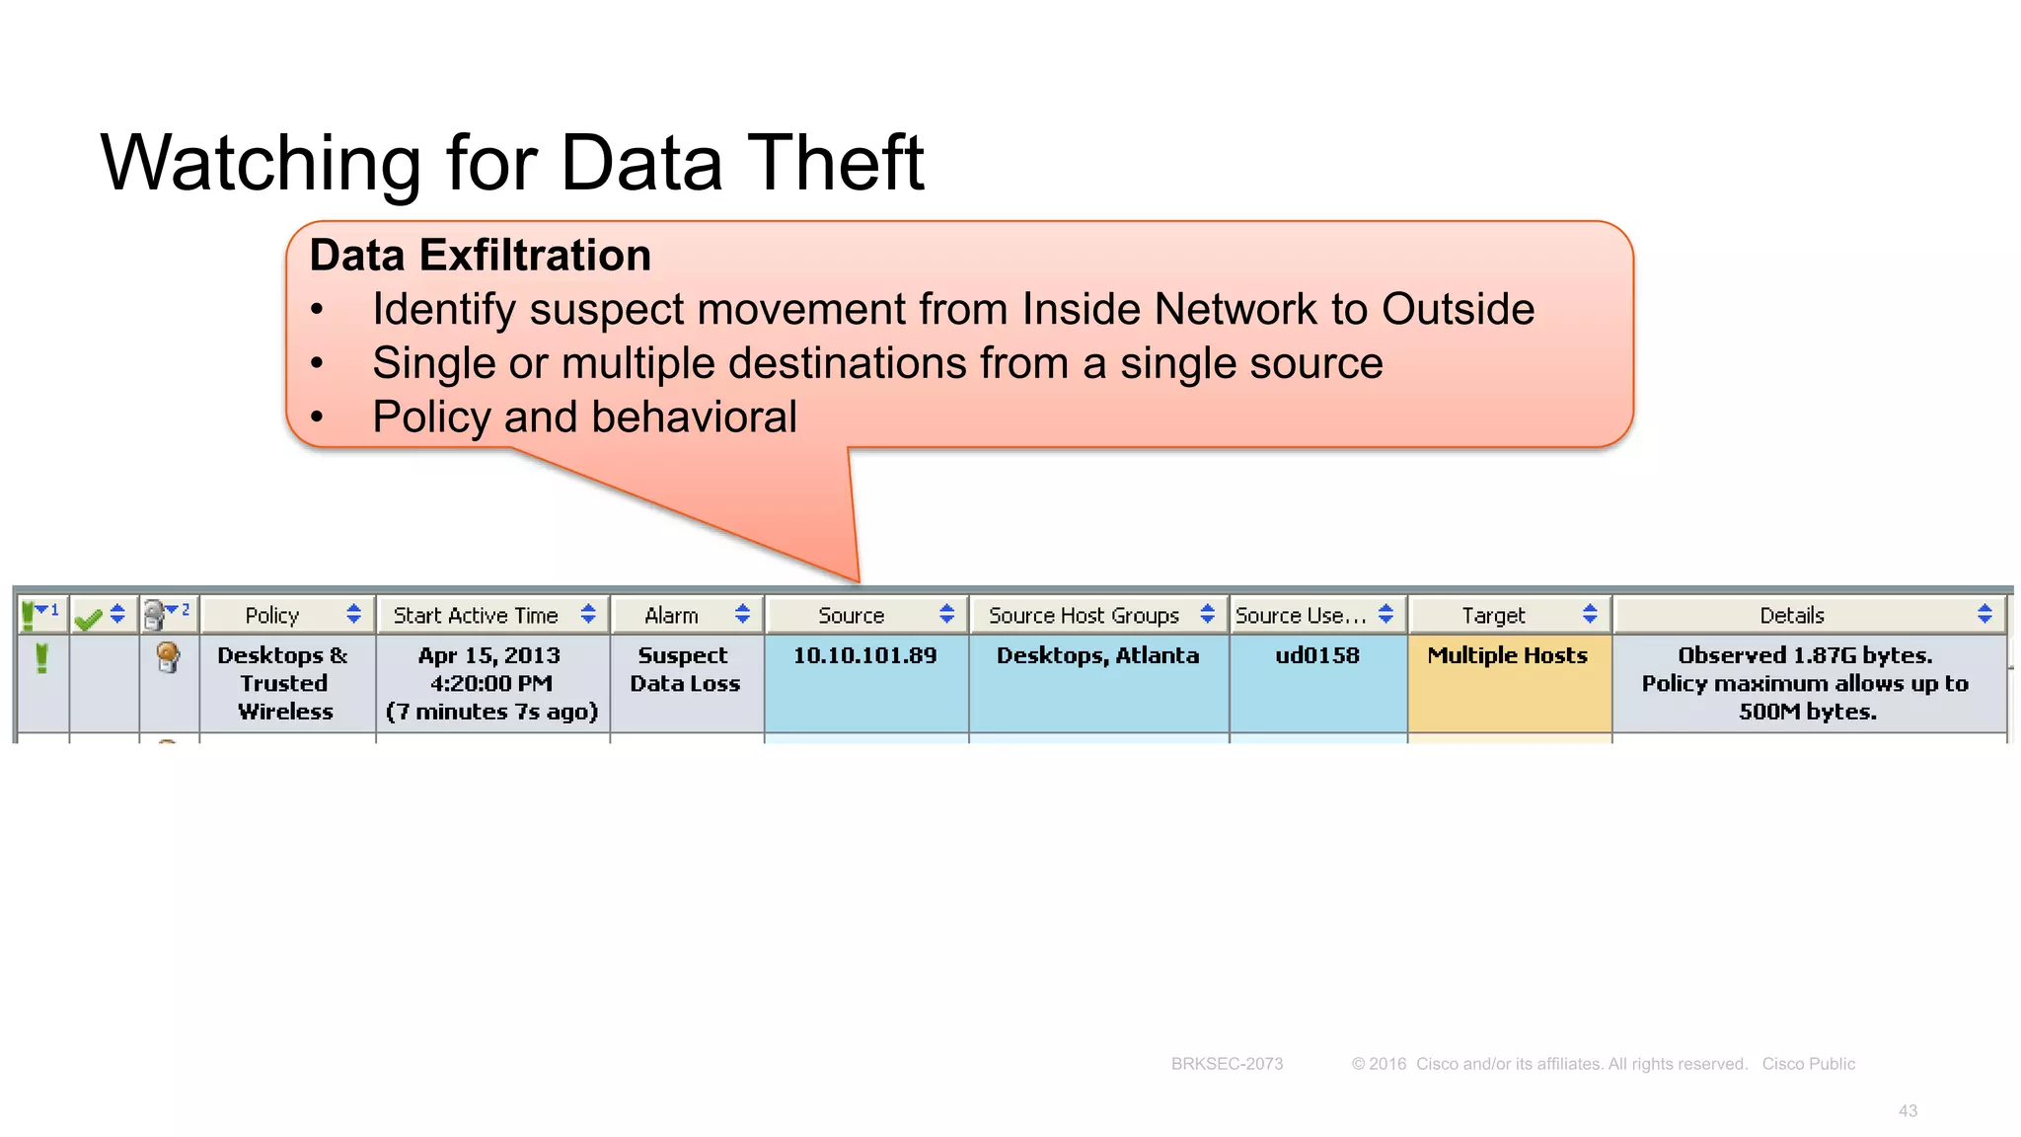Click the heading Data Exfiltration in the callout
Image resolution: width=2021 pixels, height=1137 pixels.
tap(480, 255)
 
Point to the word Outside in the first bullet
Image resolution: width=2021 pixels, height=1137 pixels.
tap(1458, 309)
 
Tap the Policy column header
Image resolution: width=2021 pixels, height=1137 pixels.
tap(272, 615)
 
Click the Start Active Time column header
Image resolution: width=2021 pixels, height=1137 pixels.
tap(476, 615)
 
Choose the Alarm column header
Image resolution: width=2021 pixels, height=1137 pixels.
tap(671, 615)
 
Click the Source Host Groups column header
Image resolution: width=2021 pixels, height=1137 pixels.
tap(1084, 615)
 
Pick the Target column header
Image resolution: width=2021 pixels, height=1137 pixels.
tap(1493, 615)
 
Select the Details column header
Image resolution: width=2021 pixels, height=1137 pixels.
tap(1791, 615)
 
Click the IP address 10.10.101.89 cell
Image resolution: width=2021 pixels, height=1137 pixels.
tap(864, 655)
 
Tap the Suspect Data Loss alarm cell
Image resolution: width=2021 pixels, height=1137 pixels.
tap(684, 669)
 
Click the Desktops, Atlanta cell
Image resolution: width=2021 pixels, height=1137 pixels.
tap(1097, 655)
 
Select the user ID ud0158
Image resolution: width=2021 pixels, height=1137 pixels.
tap(1316, 655)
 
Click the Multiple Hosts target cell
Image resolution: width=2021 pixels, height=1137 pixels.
tap(1507, 655)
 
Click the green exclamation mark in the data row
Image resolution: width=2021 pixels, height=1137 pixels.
tap(41, 657)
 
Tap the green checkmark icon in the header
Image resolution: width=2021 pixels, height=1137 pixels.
tap(88, 618)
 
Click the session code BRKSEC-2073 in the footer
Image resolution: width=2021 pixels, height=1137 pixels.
tap(1227, 1064)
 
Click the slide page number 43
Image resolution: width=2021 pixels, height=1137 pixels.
tap(1908, 1111)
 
